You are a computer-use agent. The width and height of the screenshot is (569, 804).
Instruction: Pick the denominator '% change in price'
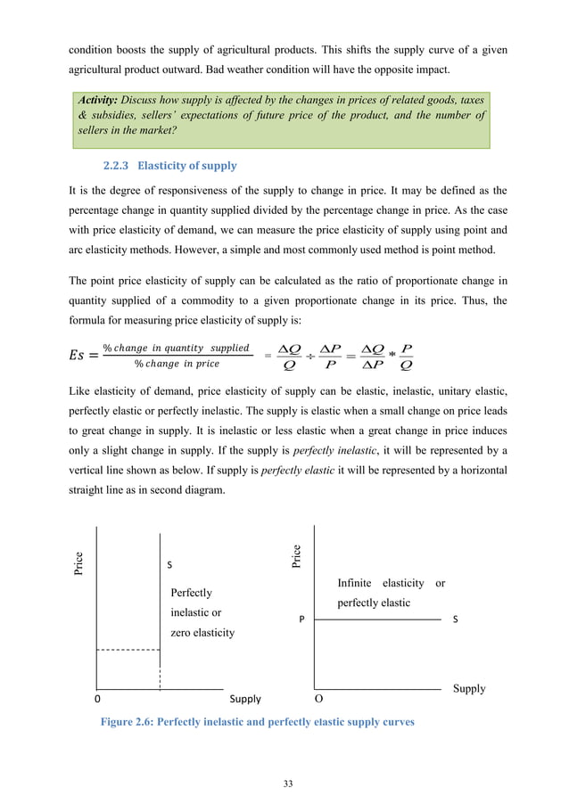click(x=177, y=362)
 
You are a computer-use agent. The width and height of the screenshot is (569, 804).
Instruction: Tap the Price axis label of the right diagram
click(x=297, y=555)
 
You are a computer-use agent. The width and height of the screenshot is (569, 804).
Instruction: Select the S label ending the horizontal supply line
click(x=456, y=618)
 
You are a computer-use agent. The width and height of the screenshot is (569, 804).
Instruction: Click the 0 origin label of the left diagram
click(x=97, y=701)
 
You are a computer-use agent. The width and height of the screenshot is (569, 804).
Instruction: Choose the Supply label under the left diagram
click(x=246, y=701)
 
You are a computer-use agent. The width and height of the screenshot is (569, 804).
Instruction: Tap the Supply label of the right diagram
click(x=469, y=688)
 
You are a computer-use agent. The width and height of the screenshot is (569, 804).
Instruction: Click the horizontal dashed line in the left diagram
click(x=128, y=652)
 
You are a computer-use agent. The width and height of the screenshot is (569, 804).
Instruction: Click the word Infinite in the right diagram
click(x=355, y=583)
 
